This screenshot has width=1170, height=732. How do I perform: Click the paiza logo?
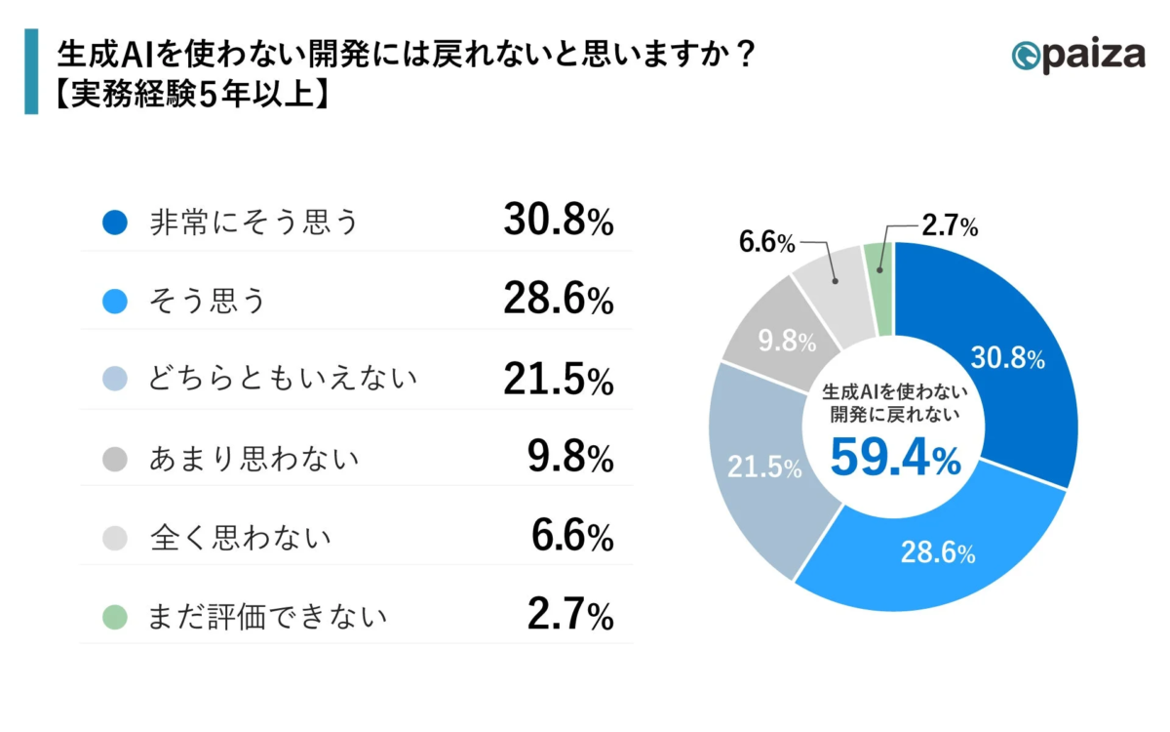coord(1078,55)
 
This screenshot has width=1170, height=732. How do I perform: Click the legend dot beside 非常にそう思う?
coord(115,224)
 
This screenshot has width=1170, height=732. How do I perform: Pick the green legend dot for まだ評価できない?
coord(115,616)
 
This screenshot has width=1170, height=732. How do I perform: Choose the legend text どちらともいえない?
coord(283,380)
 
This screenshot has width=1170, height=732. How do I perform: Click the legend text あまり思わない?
coord(253,459)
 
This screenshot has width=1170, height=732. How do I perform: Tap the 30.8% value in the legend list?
coord(558,223)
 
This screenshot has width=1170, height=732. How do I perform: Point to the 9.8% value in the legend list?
coord(571,458)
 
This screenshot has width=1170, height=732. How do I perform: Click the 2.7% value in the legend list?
coord(571,615)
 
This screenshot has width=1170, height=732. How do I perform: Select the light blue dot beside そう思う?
coord(115,302)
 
